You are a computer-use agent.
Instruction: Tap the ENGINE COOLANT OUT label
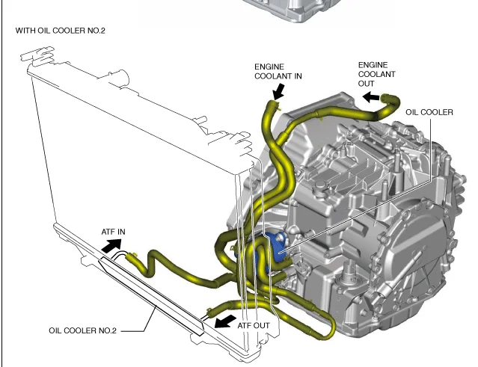pyautogui.click(x=376, y=74)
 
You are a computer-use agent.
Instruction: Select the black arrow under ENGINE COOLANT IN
pyautogui.click(x=278, y=91)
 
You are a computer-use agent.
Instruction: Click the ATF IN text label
pyautogui.click(x=114, y=232)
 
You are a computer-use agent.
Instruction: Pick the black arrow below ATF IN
pyautogui.click(x=111, y=245)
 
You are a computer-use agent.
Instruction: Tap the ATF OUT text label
pyautogui.click(x=254, y=325)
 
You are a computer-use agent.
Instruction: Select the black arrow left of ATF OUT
pyautogui.click(x=222, y=321)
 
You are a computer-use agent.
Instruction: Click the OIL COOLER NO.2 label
pyautogui.click(x=83, y=330)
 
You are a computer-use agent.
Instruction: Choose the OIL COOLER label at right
pyautogui.click(x=429, y=112)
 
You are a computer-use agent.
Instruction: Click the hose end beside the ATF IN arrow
pyautogui.click(x=134, y=259)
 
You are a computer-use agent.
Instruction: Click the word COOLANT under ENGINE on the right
pyautogui.click(x=376, y=74)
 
